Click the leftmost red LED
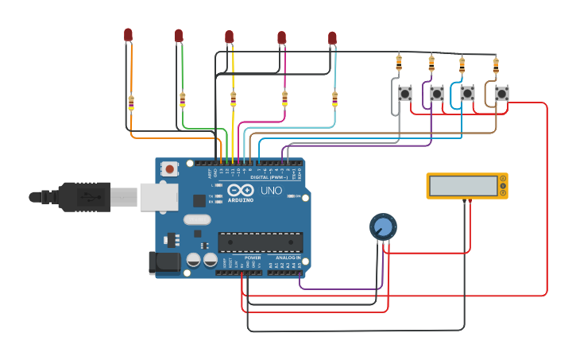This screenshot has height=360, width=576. click(128, 34)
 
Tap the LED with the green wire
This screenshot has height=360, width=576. click(179, 35)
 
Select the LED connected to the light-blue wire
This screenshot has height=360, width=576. click(332, 37)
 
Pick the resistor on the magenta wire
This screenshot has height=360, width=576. click(284, 99)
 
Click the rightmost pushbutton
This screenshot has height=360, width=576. click(501, 94)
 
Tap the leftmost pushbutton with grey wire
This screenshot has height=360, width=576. click(405, 94)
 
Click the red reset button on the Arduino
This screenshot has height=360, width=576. click(169, 168)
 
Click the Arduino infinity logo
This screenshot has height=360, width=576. click(240, 191)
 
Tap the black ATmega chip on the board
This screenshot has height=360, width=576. click(261, 242)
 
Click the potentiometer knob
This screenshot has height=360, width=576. click(383, 227)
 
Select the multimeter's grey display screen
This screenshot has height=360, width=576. click(462, 186)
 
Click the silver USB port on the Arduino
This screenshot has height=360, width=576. click(159, 197)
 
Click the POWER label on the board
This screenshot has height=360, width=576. click(253, 258)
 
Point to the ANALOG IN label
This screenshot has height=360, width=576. click(288, 258)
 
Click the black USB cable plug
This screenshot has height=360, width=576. click(83, 197)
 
